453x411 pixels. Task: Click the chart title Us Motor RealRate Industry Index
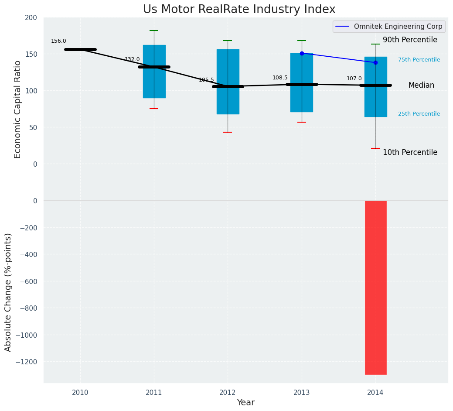(x=239, y=10)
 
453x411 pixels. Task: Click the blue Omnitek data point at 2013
(x=302, y=53)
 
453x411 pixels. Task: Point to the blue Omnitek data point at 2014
(x=375, y=62)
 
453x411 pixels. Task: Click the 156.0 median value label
(x=58, y=41)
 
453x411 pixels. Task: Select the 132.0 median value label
(x=132, y=60)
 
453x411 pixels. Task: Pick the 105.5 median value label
(x=206, y=80)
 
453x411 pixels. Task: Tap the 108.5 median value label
(x=280, y=78)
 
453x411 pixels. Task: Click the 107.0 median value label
(x=354, y=79)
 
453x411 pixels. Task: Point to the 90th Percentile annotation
(x=410, y=40)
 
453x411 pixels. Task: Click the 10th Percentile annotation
(x=410, y=153)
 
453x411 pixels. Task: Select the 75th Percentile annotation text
(x=419, y=60)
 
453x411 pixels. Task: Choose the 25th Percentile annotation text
(x=419, y=114)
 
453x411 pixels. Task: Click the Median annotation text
(x=421, y=86)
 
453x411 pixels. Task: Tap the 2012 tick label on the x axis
(x=228, y=393)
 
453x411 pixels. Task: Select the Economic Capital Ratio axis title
(x=18, y=109)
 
